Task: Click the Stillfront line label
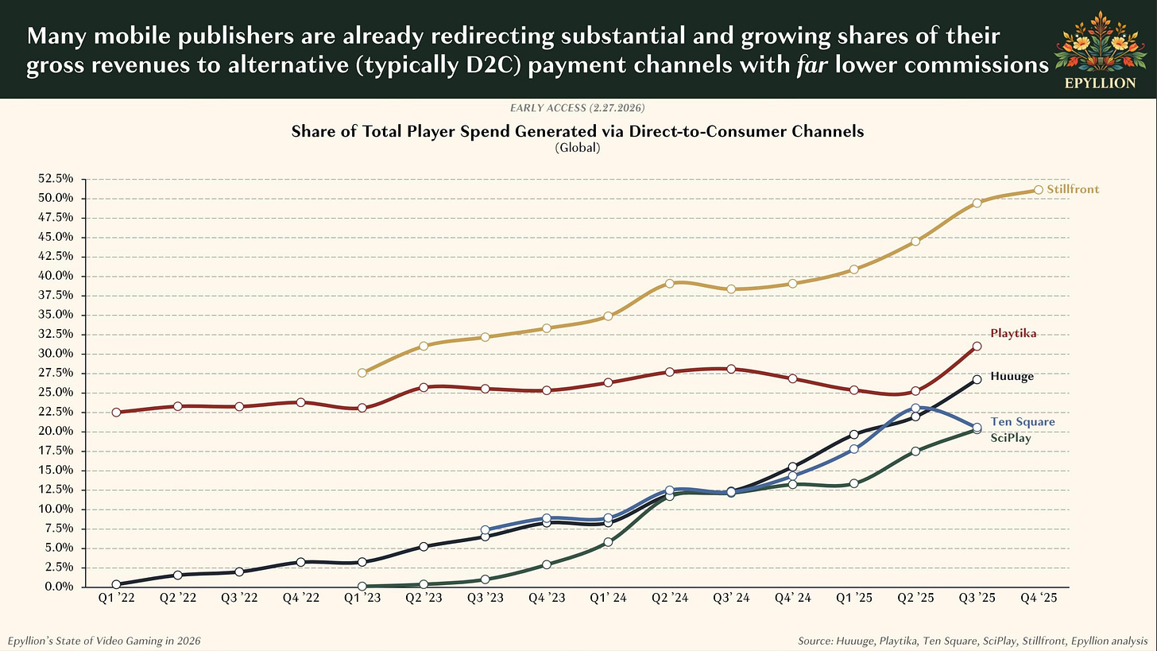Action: [x=1073, y=190]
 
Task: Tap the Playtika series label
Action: [x=1013, y=334]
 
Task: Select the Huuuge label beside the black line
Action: [x=1012, y=376]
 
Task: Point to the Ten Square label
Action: [x=1022, y=422]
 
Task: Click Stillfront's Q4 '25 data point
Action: [x=1039, y=190]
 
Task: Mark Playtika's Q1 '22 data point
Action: [x=116, y=413]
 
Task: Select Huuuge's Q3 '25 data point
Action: [x=977, y=380]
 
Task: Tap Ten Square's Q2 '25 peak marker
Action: [x=915, y=409]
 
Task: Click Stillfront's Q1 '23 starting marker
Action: [x=362, y=373]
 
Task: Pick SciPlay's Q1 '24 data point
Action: [x=608, y=542]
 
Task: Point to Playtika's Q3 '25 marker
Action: [x=977, y=347]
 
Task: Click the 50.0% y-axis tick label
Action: [x=56, y=199]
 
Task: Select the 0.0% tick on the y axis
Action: [x=59, y=587]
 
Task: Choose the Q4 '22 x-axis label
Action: [x=300, y=601]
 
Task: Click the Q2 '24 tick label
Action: [x=669, y=601]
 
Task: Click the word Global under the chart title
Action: [x=578, y=147]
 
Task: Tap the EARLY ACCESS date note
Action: [x=578, y=107]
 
